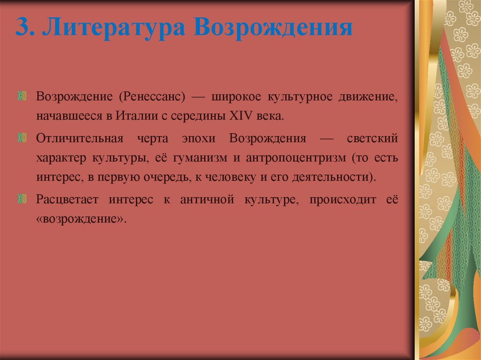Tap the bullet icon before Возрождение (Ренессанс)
(x=22, y=97)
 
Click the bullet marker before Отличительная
(x=22, y=138)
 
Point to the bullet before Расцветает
(x=22, y=200)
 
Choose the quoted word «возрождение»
(x=81, y=219)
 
